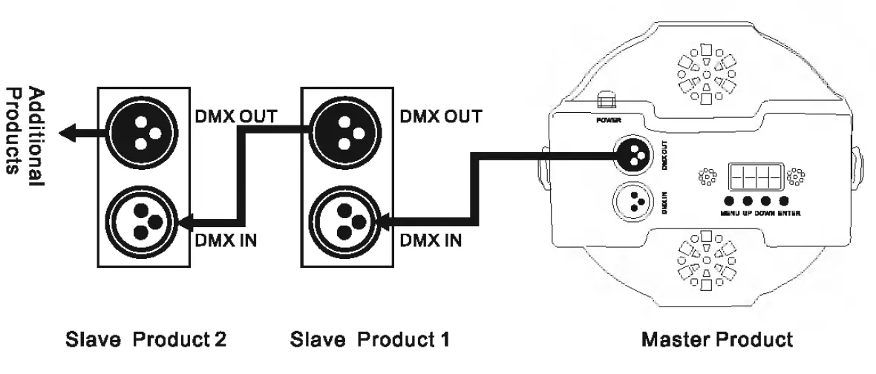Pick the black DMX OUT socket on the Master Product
633,154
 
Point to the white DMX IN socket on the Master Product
633,200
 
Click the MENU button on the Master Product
730,201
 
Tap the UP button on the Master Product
748,201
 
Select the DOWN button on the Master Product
765,201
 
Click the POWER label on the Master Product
608,119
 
